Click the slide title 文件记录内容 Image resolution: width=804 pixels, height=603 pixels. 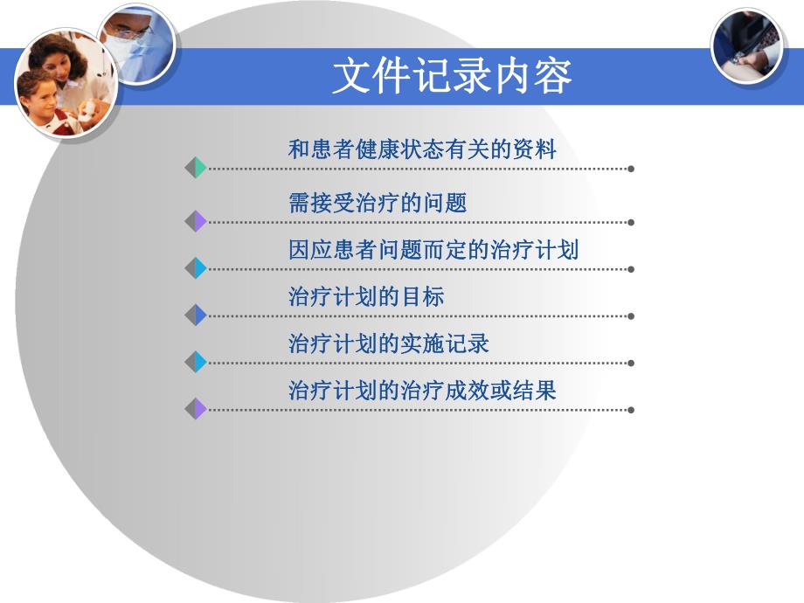451,76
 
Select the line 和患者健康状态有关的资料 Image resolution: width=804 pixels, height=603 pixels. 422,149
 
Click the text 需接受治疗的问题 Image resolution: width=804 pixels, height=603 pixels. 378,204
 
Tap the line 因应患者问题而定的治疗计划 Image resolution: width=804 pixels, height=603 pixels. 433,251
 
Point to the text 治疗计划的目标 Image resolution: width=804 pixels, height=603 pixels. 366,297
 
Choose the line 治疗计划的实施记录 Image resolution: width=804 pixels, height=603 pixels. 389,343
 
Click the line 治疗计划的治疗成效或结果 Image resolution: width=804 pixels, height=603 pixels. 422,390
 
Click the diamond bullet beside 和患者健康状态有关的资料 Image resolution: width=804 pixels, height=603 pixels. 196,168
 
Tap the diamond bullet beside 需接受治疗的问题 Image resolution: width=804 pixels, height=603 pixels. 196,222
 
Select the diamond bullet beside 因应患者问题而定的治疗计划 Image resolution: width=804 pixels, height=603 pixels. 196,269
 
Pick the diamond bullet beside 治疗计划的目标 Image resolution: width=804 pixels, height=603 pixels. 196,315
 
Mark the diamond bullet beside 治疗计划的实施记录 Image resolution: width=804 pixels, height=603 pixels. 196,362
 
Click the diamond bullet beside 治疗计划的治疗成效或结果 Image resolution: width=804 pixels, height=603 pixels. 196,408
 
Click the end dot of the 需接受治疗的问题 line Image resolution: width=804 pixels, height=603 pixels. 631,222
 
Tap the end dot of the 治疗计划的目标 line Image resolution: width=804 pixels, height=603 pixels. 631,315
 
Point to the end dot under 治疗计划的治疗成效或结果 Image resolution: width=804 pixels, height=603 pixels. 631,409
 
